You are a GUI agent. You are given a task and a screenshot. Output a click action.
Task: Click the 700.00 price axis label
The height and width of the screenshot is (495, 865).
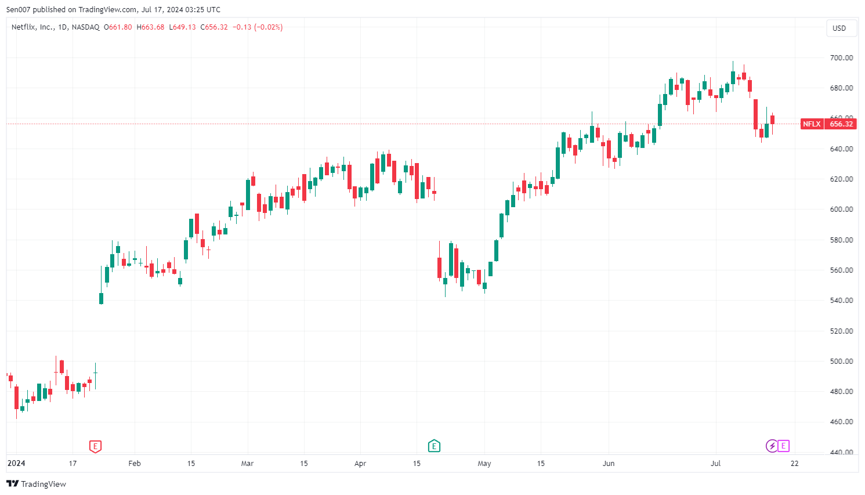pyautogui.click(x=841, y=58)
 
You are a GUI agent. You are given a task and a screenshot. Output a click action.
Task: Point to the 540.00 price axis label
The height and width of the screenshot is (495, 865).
pyautogui.click(x=841, y=301)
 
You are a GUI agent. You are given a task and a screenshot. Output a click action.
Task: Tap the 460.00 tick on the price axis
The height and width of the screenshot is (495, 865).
pyautogui.click(x=841, y=422)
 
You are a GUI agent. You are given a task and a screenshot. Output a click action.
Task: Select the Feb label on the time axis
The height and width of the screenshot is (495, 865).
pyautogui.click(x=135, y=464)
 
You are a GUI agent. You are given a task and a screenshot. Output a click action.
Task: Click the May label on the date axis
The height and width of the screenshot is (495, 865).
pyautogui.click(x=484, y=464)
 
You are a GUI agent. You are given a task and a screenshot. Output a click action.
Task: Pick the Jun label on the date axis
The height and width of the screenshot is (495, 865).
pyautogui.click(x=609, y=464)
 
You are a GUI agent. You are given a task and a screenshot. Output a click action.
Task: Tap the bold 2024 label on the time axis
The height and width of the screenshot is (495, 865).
pyautogui.click(x=16, y=464)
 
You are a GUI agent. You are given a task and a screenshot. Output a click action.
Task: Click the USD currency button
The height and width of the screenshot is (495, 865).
pyautogui.click(x=839, y=28)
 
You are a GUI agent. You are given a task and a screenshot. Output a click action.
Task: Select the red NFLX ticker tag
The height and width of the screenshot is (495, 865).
pyautogui.click(x=812, y=124)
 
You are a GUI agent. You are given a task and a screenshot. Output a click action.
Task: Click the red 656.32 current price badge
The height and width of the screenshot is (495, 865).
pyautogui.click(x=841, y=124)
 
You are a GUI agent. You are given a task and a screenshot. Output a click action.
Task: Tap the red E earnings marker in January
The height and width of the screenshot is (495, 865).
pyautogui.click(x=95, y=446)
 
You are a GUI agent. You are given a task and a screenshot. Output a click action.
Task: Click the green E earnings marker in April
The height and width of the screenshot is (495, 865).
pyautogui.click(x=434, y=446)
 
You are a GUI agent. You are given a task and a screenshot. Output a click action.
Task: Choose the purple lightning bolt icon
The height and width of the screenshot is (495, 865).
pyautogui.click(x=772, y=446)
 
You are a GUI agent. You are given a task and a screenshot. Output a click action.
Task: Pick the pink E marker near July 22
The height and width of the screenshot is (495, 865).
pyautogui.click(x=784, y=446)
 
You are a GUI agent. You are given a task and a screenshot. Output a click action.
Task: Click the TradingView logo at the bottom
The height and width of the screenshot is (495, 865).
pyautogui.click(x=37, y=484)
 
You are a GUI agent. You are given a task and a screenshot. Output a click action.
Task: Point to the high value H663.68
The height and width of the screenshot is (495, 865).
pyautogui.click(x=150, y=27)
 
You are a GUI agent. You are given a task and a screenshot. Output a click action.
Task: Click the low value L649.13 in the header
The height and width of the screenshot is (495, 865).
pyautogui.click(x=182, y=27)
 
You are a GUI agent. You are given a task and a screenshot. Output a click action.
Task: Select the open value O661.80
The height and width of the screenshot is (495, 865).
pyautogui.click(x=118, y=27)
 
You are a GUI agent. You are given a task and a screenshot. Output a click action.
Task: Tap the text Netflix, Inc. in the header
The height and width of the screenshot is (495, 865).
pyautogui.click(x=32, y=27)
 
